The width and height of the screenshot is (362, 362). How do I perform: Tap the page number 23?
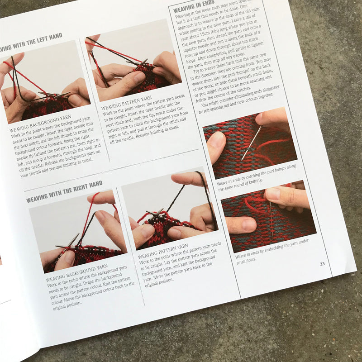pyautogui.click(x=322, y=264)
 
